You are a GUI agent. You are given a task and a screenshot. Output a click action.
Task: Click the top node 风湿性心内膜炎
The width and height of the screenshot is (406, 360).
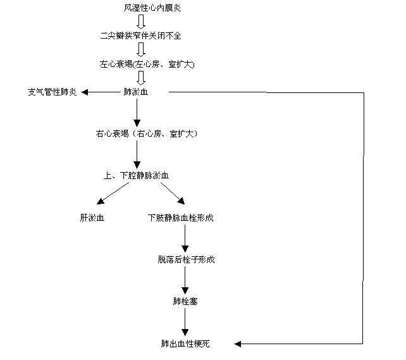[x=152, y=8]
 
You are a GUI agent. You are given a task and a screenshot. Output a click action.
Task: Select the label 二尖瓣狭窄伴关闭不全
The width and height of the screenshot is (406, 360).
[x=140, y=35]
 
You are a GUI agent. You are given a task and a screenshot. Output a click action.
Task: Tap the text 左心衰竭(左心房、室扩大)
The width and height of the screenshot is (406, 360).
[x=147, y=64]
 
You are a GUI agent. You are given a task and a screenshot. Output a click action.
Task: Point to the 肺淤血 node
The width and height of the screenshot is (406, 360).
[x=136, y=92]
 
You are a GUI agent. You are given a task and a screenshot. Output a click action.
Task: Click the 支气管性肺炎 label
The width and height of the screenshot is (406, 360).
[x=52, y=92]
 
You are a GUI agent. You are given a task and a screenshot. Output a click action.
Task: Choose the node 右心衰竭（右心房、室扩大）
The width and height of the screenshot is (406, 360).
[x=147, y=133]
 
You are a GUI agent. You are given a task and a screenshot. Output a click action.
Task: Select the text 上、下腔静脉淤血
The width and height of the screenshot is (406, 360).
[x=136, y=176]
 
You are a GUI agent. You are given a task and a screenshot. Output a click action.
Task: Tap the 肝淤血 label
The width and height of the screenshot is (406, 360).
[x=92, y=218]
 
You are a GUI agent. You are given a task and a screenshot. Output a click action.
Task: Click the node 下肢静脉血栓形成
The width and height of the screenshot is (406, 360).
[x=181, y=218]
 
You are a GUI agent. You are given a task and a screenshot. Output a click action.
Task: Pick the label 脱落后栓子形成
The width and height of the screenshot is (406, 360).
[x=186, y=259]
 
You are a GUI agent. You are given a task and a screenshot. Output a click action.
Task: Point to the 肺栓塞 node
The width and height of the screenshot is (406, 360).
[x=185, y=301]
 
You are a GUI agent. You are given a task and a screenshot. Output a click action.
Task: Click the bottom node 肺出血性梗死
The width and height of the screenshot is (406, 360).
[x=185, y=344]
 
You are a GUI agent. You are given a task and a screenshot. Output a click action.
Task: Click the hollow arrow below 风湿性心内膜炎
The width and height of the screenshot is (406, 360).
[x=141, y=22]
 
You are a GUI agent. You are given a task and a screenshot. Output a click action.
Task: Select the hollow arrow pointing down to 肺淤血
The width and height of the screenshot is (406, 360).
[x=141, y=78]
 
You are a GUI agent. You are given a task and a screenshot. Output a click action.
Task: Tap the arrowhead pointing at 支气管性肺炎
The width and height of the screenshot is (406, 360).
[x=85, y=92]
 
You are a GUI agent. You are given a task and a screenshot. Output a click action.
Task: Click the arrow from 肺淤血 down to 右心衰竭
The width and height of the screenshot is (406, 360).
[x=137, y=113]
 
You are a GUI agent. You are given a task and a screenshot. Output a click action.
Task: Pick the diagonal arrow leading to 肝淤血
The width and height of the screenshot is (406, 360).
[x=113, y=193]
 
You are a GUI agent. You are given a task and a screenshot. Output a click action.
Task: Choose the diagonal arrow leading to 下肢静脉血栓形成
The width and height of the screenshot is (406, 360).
[x=173, y=193]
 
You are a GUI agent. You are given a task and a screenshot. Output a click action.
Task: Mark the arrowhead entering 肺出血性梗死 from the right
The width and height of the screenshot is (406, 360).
[x=237, y=344]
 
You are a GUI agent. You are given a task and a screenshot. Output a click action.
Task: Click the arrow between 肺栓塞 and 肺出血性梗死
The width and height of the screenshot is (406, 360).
[x=185, y=322]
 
